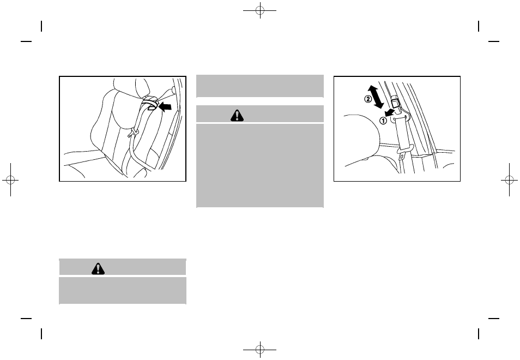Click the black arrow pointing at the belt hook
pos(166,106)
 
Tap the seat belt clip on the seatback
pos(134,133)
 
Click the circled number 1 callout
pos(383,121)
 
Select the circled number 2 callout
pos(368,99)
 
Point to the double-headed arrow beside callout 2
pos(377,97)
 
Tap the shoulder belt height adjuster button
pos(395,101)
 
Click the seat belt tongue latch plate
pos(403,154)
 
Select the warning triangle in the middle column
pos(237,115)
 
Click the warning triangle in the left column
pos(98,268)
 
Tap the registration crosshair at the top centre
pos(260,10)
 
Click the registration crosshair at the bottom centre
pos(260,350)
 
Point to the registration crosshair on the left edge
pos(10,180)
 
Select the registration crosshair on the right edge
pos(510,180)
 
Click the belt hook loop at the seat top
pos(149,102)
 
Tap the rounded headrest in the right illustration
pos(362,139)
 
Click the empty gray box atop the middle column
pos(260,86)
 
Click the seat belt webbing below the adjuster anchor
pos(404,133)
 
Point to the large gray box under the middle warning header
pos(260,166)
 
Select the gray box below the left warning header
pos(123,290)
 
